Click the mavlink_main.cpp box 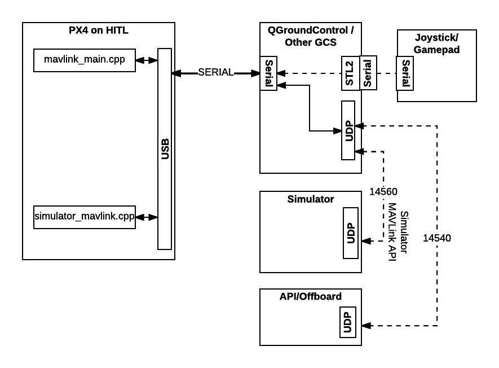coord(85,60)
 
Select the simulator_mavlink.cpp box coord(85,217)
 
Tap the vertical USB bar coord(165,149)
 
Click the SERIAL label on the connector coord(215,73)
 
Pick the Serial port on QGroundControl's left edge coord(268,73)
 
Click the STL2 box coord(350,73)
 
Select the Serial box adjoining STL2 coord(368,73)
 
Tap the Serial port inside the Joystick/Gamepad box coord(404,73)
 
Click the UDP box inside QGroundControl coord(348,130)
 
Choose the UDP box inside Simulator coord(351,233)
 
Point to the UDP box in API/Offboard coord(348,322)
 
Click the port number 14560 coord(383,192)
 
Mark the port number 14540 coord(437,238)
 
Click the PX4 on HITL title coord(98,30)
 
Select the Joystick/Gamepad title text coord(437,44)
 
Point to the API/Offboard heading coord(310,296)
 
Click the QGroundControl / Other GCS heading coord(311,36)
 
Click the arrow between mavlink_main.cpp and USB coord(147,60)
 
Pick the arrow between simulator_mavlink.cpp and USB coord(147,217)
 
